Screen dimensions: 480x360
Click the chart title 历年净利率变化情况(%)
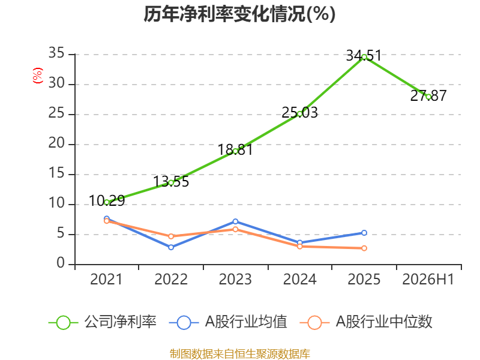click(239, 14)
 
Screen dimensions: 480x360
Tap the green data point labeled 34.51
click(364, 57)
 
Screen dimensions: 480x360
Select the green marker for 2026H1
click(428, 97)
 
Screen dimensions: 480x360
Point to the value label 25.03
click(299, 113)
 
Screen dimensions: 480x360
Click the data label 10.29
click(107, 201)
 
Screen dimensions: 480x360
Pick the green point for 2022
click(171, 183)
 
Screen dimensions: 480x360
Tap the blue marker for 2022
click(171, 247)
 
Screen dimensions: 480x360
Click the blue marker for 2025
click(364, 233)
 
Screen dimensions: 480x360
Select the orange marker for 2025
click(364, 248)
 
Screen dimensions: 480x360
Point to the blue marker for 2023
click(235, 221)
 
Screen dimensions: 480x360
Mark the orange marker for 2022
click(171, 236)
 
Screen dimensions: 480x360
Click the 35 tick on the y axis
click(56, 53)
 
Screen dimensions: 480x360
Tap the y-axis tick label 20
click(56, 143)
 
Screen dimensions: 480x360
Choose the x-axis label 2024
click(299, 279)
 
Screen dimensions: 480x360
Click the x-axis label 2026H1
click(428, 279)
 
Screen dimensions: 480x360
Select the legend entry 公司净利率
click(103, 322)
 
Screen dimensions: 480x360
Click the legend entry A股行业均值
click(228, 322)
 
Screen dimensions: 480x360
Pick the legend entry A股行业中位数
click(366, 322)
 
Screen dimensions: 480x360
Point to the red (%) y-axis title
click(38, 76)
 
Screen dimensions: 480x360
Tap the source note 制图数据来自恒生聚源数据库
click(239, 354)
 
